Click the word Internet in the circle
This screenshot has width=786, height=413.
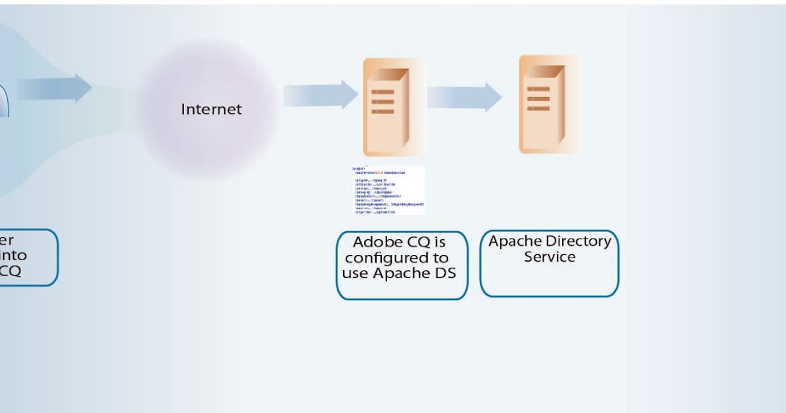click(x=211, y=109)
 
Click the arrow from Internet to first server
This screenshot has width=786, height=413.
click(x=320, y=95)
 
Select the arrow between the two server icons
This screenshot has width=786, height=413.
click(x=464, y=97)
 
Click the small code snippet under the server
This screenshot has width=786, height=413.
click(x=388, y=190)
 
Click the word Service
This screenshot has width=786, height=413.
click(x=549, y=257)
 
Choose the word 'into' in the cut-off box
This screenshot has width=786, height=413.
click(x=13, y=256)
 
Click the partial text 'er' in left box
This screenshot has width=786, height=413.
click(x=7, y=240)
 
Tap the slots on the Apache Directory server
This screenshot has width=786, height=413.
click(x=538, y=98)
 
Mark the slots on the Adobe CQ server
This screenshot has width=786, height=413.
click(x=383, y=102)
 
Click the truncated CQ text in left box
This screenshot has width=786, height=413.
click(x=9, y=271)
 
